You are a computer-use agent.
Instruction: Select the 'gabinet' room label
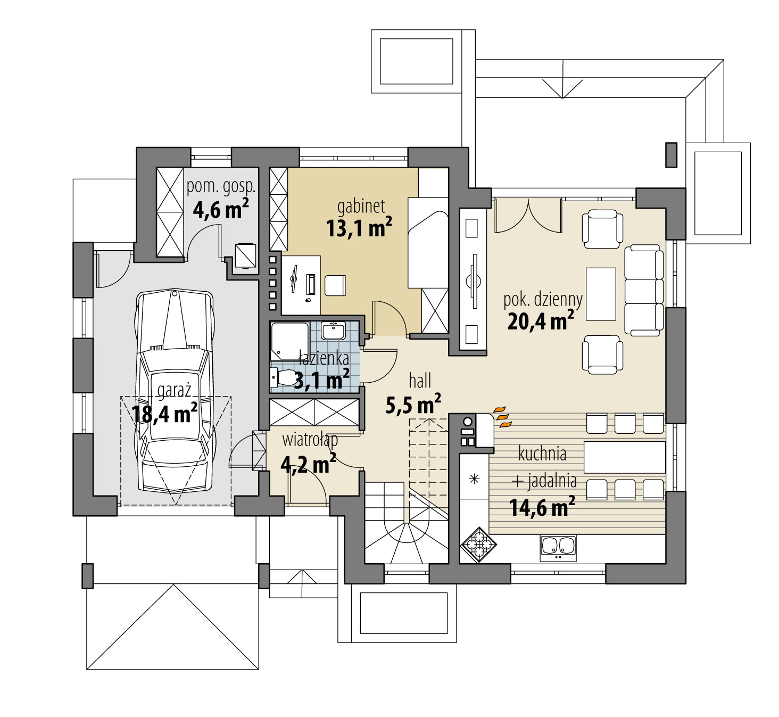(361, 207)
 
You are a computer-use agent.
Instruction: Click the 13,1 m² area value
(359, 227)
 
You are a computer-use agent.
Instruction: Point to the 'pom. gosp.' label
(221, 186)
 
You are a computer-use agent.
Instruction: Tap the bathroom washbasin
(333, 331)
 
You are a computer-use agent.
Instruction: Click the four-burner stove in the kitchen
(478, 545)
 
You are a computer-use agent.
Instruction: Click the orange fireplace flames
(502, 417)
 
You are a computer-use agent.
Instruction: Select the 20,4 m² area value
(541, 321)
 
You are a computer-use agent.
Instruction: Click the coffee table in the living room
(601, 294)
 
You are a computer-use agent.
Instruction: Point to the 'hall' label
(420, 381)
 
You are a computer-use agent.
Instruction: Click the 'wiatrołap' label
(310, 440)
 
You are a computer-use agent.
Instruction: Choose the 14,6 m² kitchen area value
(542, 507)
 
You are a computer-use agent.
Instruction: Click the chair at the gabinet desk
(335, 285)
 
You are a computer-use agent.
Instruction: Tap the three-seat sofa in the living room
(644, 290)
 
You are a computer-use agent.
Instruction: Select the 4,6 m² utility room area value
(221, 209)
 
